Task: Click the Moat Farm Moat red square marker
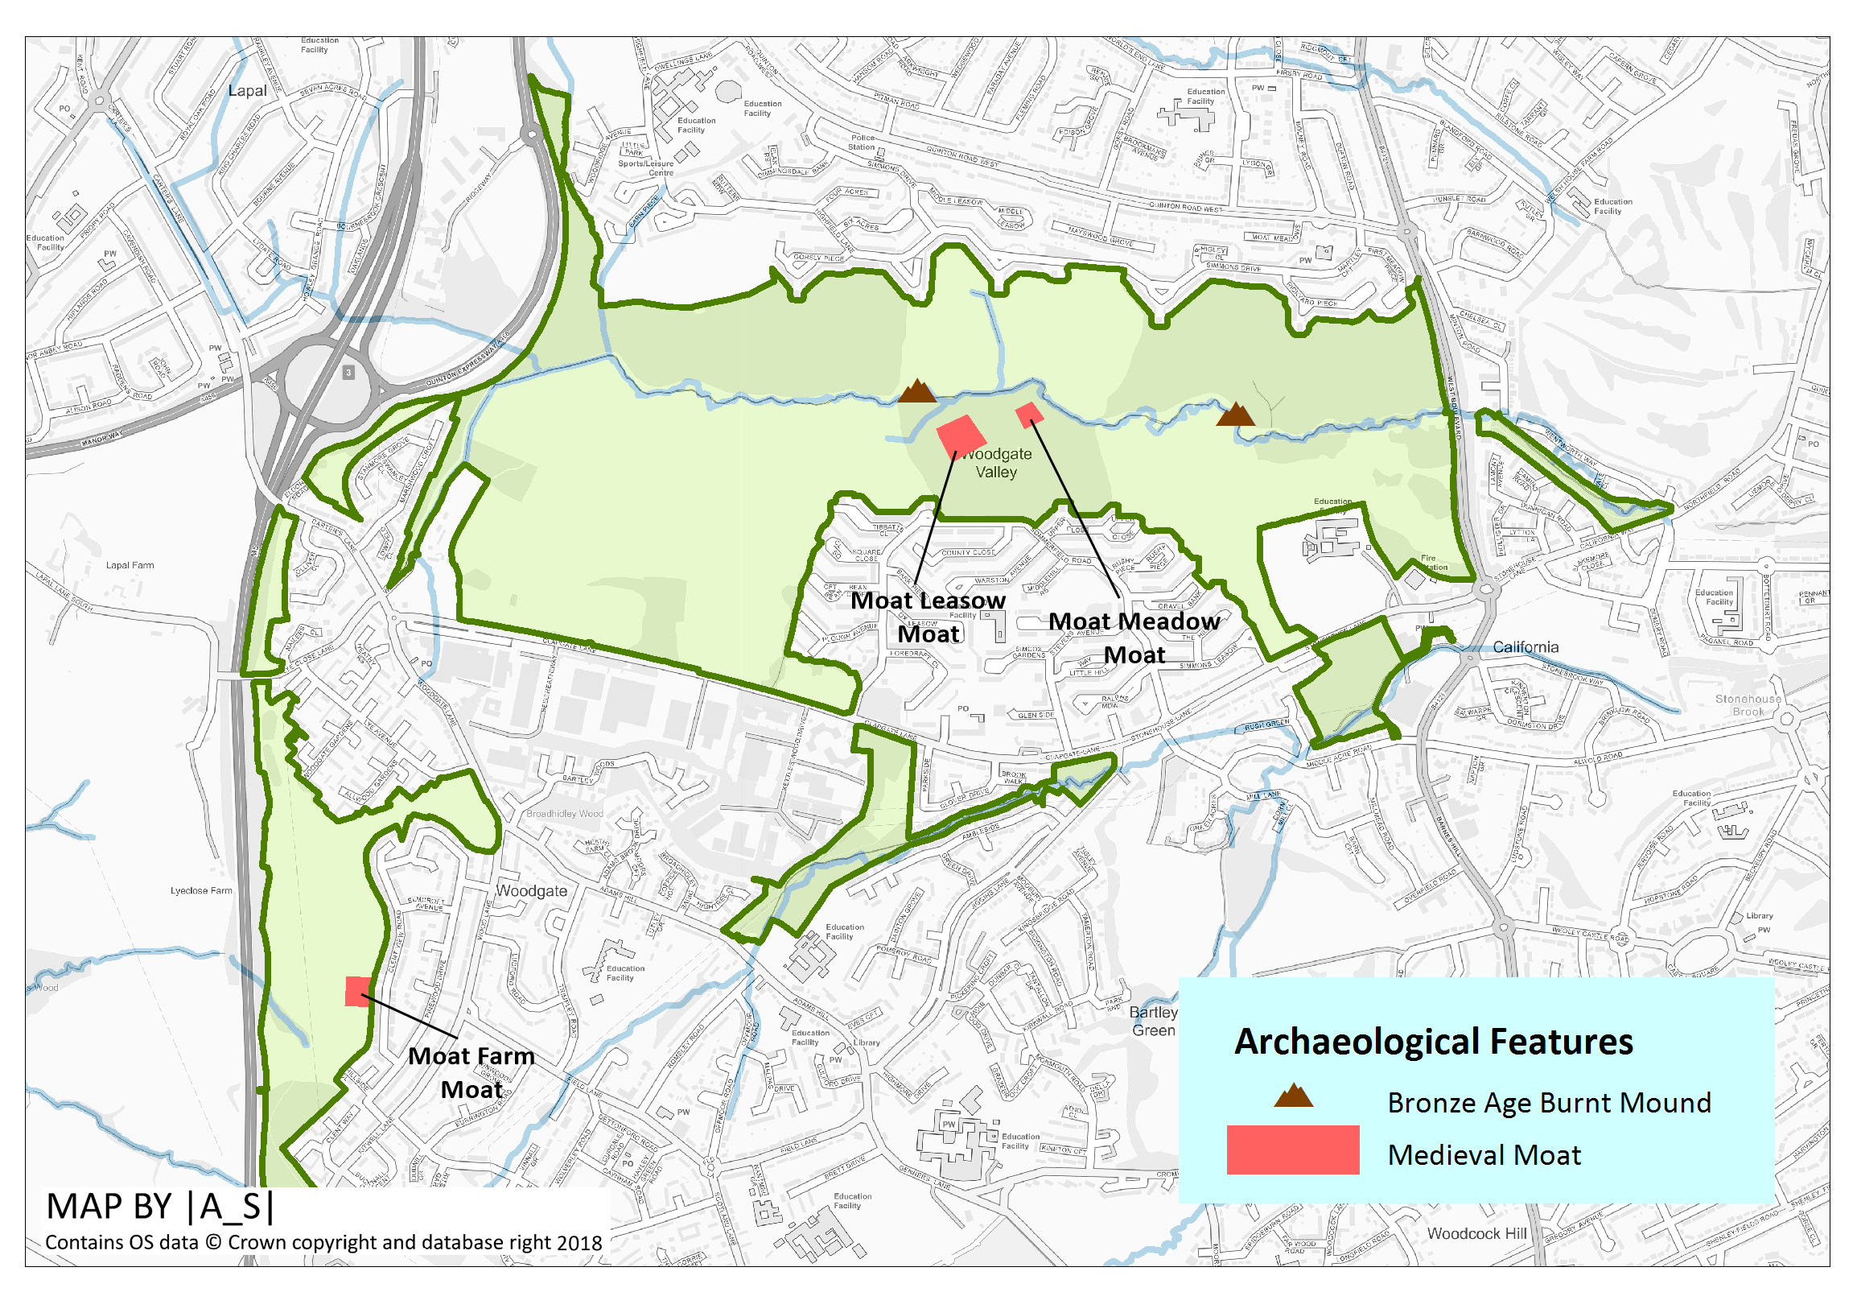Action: point(357,991)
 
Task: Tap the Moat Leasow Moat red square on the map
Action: point(961,436)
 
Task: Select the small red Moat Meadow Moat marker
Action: point(1029,415)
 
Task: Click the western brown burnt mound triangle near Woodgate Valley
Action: point(917,392)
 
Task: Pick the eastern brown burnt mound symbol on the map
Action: point(1235,416)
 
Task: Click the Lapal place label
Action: point(247,91)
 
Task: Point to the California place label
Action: point(1526,647)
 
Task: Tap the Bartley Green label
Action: point(1153,1021)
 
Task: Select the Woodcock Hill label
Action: point(1477,1233)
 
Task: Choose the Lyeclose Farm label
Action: point(200,891)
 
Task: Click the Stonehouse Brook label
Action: point(1748,704)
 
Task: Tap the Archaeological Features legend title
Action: point(1433,1042)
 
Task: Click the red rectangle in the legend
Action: point(1292,1150)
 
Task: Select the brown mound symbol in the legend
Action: point(1293,1096)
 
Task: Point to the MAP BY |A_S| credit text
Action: point(160,1206)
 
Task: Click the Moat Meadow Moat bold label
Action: point(1134,638)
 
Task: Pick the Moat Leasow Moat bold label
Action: point(928,617)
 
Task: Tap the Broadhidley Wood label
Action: point(565,814)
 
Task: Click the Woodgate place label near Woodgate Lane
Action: point(531,891)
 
